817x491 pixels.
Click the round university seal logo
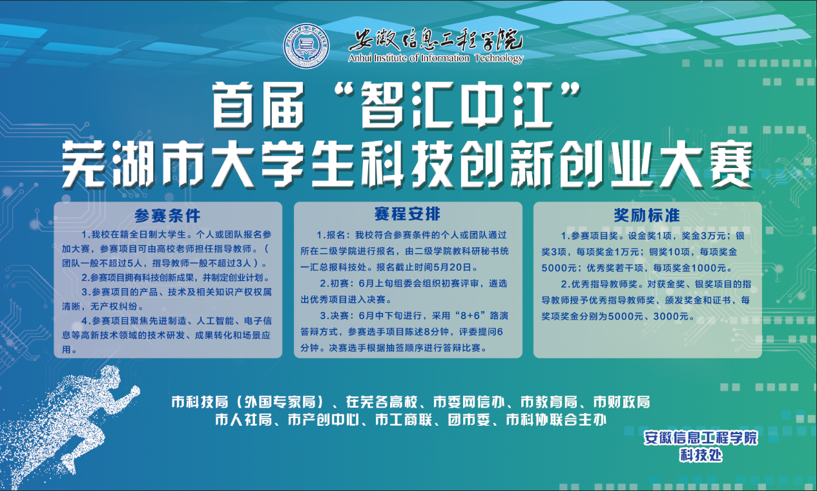pos(306,46)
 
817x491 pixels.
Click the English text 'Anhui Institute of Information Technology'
pos(436,58)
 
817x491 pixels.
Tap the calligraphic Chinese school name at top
pos(436,40)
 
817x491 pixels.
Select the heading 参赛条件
pos(167,216)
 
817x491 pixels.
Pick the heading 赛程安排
pos(408,214)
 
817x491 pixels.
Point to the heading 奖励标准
pos(646,215)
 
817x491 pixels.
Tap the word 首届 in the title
pos(258,105)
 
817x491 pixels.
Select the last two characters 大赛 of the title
pos(707,164)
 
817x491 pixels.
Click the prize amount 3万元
pos(711,236)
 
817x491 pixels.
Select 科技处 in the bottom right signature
pos(701,455)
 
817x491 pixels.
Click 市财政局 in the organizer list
pos(621,402)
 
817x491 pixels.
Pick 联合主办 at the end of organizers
pos(578,420)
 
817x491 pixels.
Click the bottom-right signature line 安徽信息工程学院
pos(701,438)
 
